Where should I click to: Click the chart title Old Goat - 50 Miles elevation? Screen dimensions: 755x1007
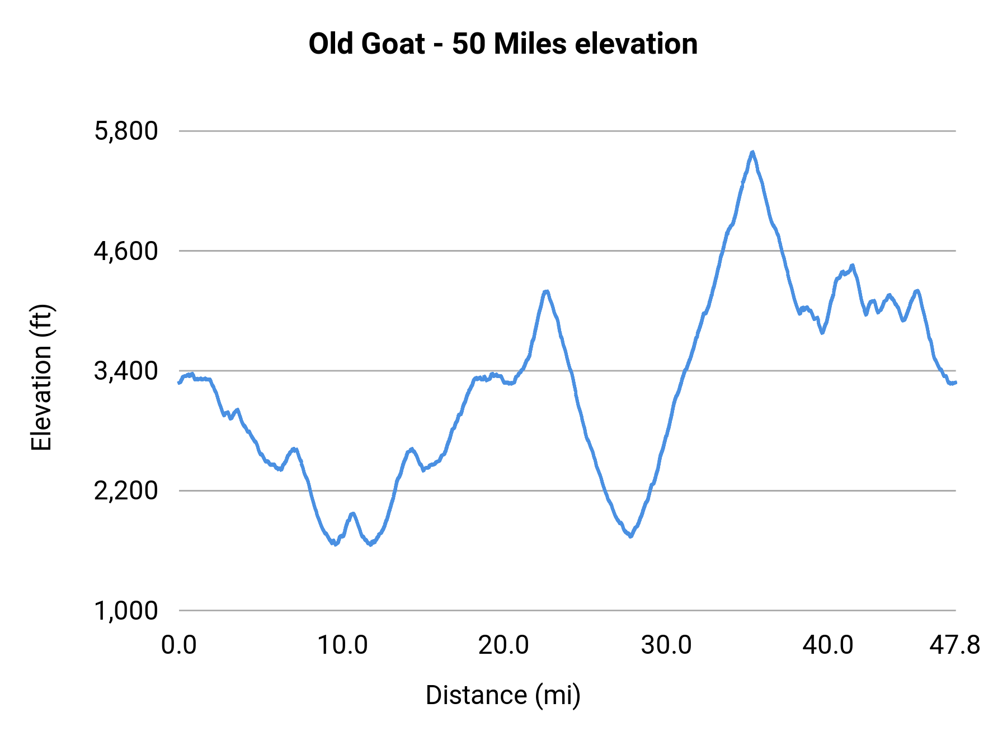coord(503,44)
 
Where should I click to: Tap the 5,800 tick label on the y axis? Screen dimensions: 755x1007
coord(126,131)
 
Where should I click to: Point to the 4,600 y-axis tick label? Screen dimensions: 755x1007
coord(126,251)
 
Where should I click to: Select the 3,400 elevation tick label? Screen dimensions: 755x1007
coord(126,371)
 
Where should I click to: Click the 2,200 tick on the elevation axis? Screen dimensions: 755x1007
coord(126,491)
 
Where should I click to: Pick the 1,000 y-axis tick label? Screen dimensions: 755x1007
coord(126,611)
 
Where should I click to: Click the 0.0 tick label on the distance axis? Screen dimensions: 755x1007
coord(179,645)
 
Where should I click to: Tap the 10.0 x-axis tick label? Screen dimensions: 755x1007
coord(342,645)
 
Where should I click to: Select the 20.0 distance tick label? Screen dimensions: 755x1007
coord(503,645)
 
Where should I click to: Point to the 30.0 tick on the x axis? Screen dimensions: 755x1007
coord(666,645)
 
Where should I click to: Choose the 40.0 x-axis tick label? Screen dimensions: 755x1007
coord(828,645)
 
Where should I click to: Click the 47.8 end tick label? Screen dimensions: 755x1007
coord(955,645)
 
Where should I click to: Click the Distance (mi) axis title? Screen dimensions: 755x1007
coord(503,695)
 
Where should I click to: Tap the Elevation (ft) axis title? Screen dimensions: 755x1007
coord(41,377)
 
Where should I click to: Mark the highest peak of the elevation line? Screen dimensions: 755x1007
coord(753,152)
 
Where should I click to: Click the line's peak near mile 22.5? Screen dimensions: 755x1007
coord(546,291)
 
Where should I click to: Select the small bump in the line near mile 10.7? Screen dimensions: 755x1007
coord(352,513)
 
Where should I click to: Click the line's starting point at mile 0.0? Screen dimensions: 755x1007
coord(179,383)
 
